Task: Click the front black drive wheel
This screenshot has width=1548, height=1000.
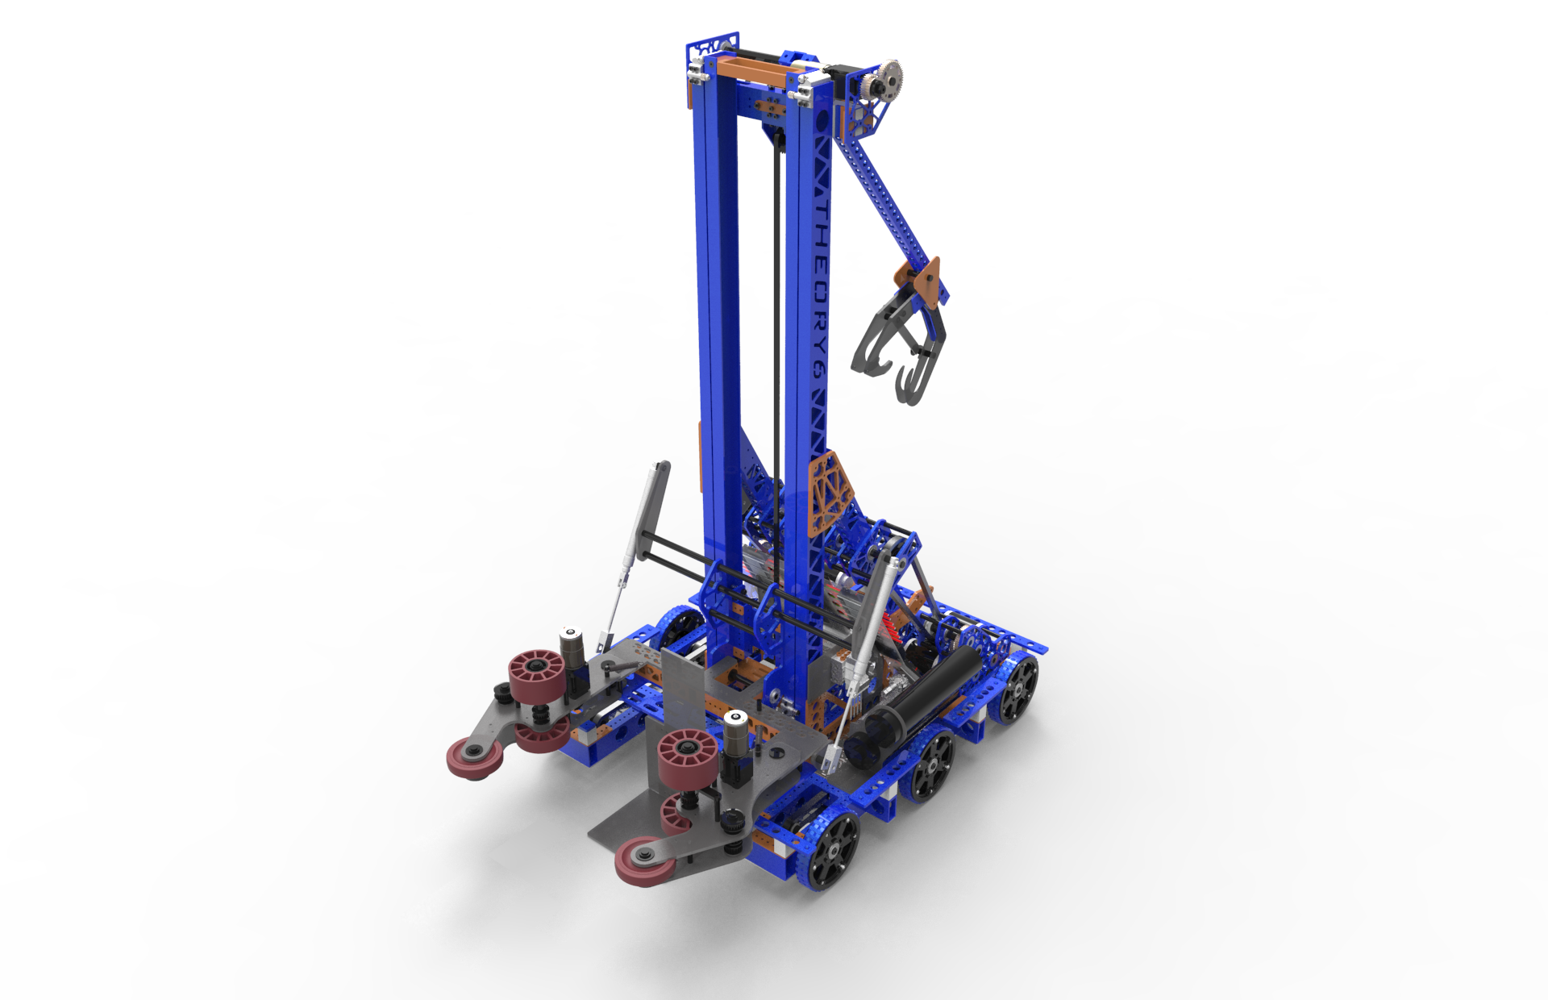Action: (x=830, y=851)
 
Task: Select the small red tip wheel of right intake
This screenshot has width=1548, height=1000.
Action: (x=644, y=861)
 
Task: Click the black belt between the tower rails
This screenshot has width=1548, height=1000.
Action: (x=776, y=323)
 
